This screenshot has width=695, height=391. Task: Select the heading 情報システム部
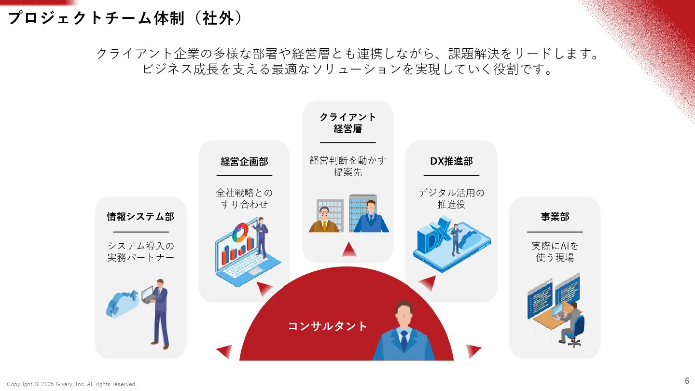[140, 217]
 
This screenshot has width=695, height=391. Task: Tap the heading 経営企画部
[244, 162]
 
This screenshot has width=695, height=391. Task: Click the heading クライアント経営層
[347, 123]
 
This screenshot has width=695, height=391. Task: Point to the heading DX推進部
[451, 162]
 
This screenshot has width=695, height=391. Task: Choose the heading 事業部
[555, 217]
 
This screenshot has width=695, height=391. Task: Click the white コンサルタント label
[328, 326]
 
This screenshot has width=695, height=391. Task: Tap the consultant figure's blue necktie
[404, 341]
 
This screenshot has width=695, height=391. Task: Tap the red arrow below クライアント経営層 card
[349, 250]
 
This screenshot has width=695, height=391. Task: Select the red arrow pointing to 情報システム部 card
[224, 351]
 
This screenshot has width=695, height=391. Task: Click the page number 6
[687, 380]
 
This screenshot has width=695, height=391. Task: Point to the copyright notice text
[72, 384]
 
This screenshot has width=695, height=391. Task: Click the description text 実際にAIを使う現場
[555, 251]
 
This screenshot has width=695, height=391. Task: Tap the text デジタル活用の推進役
[451, 198]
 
